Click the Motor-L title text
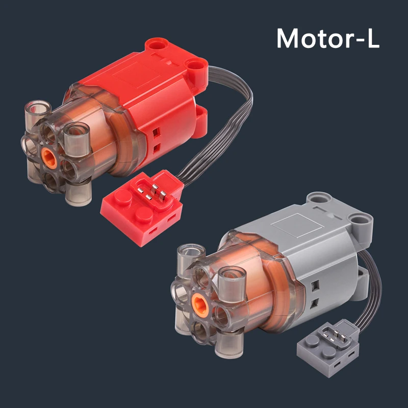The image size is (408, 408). tap(328, 38)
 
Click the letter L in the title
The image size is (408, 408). tap(372, 39)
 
